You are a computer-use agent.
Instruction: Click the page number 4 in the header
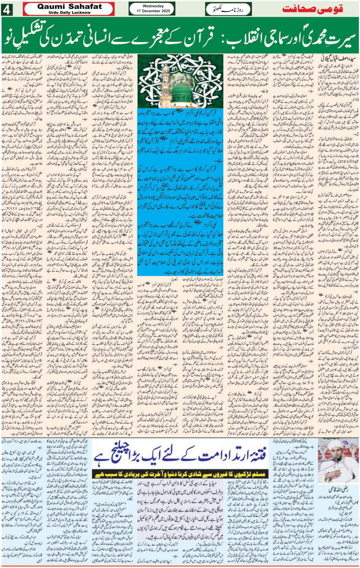tap(7, 10)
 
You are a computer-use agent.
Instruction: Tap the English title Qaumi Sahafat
tap(70, 6)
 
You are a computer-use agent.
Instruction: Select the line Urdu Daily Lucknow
tap(70, 13)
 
